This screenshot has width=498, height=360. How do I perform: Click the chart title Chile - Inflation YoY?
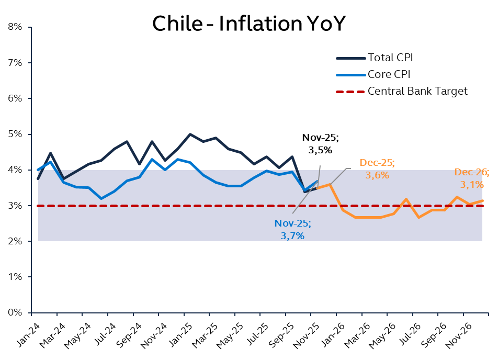248,24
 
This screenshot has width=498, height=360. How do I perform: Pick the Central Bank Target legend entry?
417,91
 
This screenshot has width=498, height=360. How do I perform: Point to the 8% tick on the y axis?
14,27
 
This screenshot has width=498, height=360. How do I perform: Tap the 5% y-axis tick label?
14,134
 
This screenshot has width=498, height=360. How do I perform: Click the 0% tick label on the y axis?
14,313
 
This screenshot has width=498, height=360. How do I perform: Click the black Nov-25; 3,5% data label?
321,144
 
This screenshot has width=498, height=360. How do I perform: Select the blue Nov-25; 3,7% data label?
292,230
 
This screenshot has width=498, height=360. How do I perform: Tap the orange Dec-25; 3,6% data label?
377,169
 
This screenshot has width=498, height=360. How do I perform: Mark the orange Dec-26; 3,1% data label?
471,178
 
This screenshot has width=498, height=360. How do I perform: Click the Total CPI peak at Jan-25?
190,134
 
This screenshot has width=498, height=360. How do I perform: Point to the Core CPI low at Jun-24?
101,198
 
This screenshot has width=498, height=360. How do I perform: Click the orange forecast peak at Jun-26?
406,199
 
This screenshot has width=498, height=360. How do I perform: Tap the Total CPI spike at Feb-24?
51,153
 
